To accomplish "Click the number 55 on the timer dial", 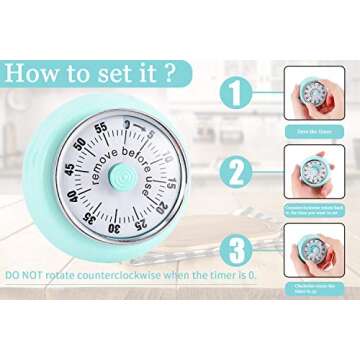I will coord(100,127).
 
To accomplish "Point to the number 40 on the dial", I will coord(70,197).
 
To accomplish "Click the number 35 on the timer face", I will coord(90,218).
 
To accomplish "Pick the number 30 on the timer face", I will coord(115,228).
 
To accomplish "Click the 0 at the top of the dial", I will coord(127,122).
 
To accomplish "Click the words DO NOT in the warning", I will coord(25,273).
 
